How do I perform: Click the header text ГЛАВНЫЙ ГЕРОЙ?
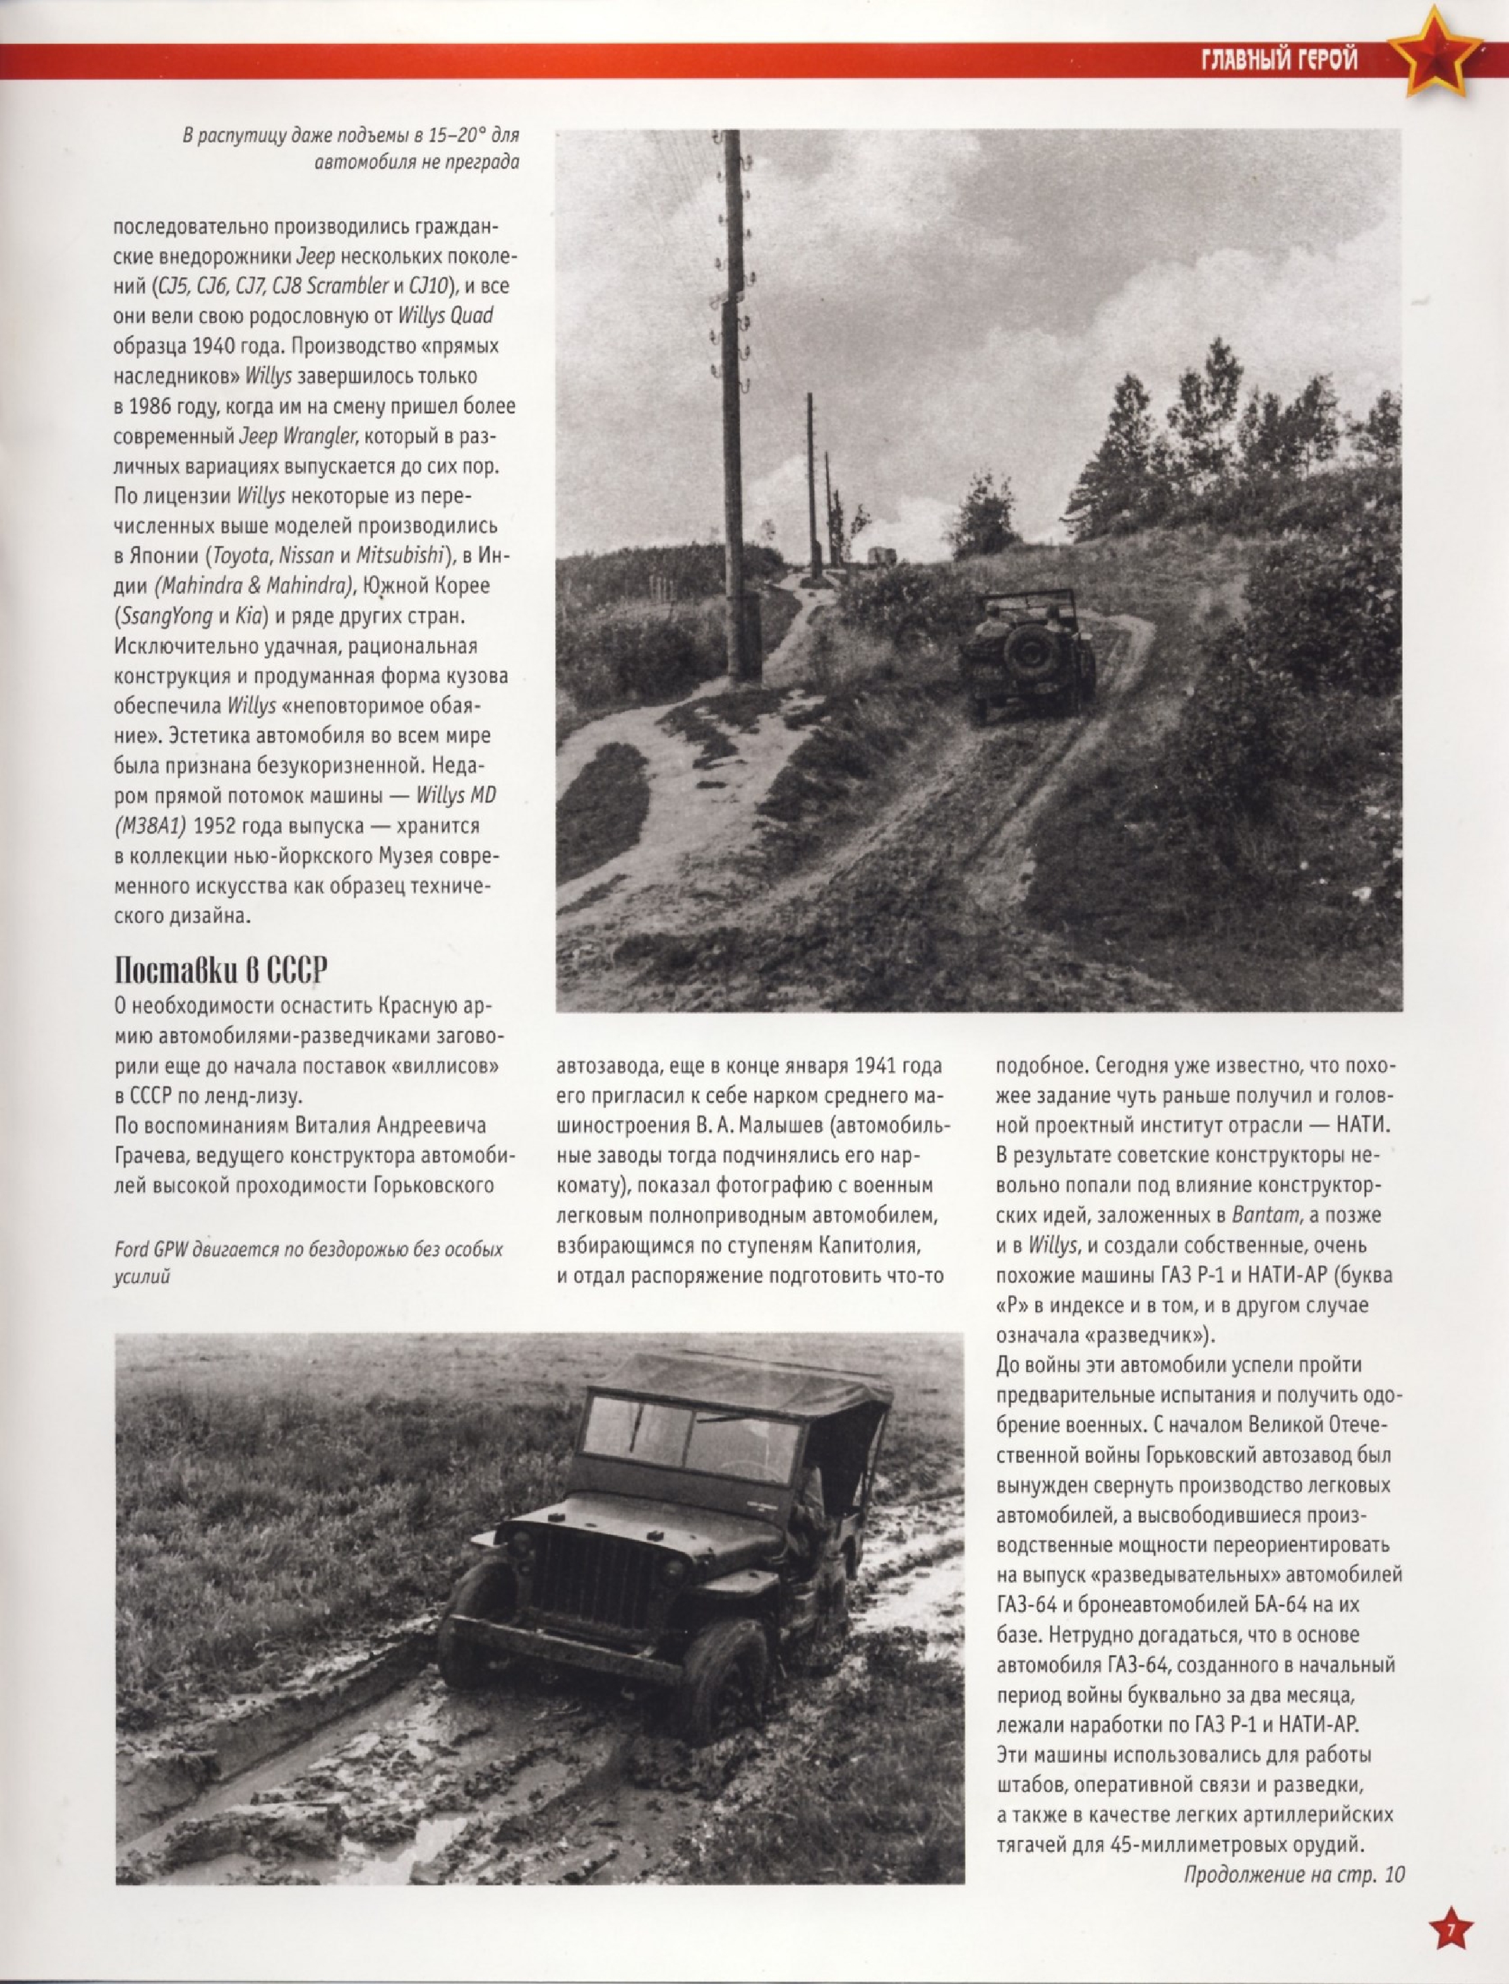pos(1278,61)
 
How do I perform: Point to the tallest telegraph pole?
pos(735,405)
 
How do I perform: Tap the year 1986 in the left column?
pos(149,406)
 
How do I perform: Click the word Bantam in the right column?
pos(1264,1215)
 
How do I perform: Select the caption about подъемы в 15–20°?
pos(350,148)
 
